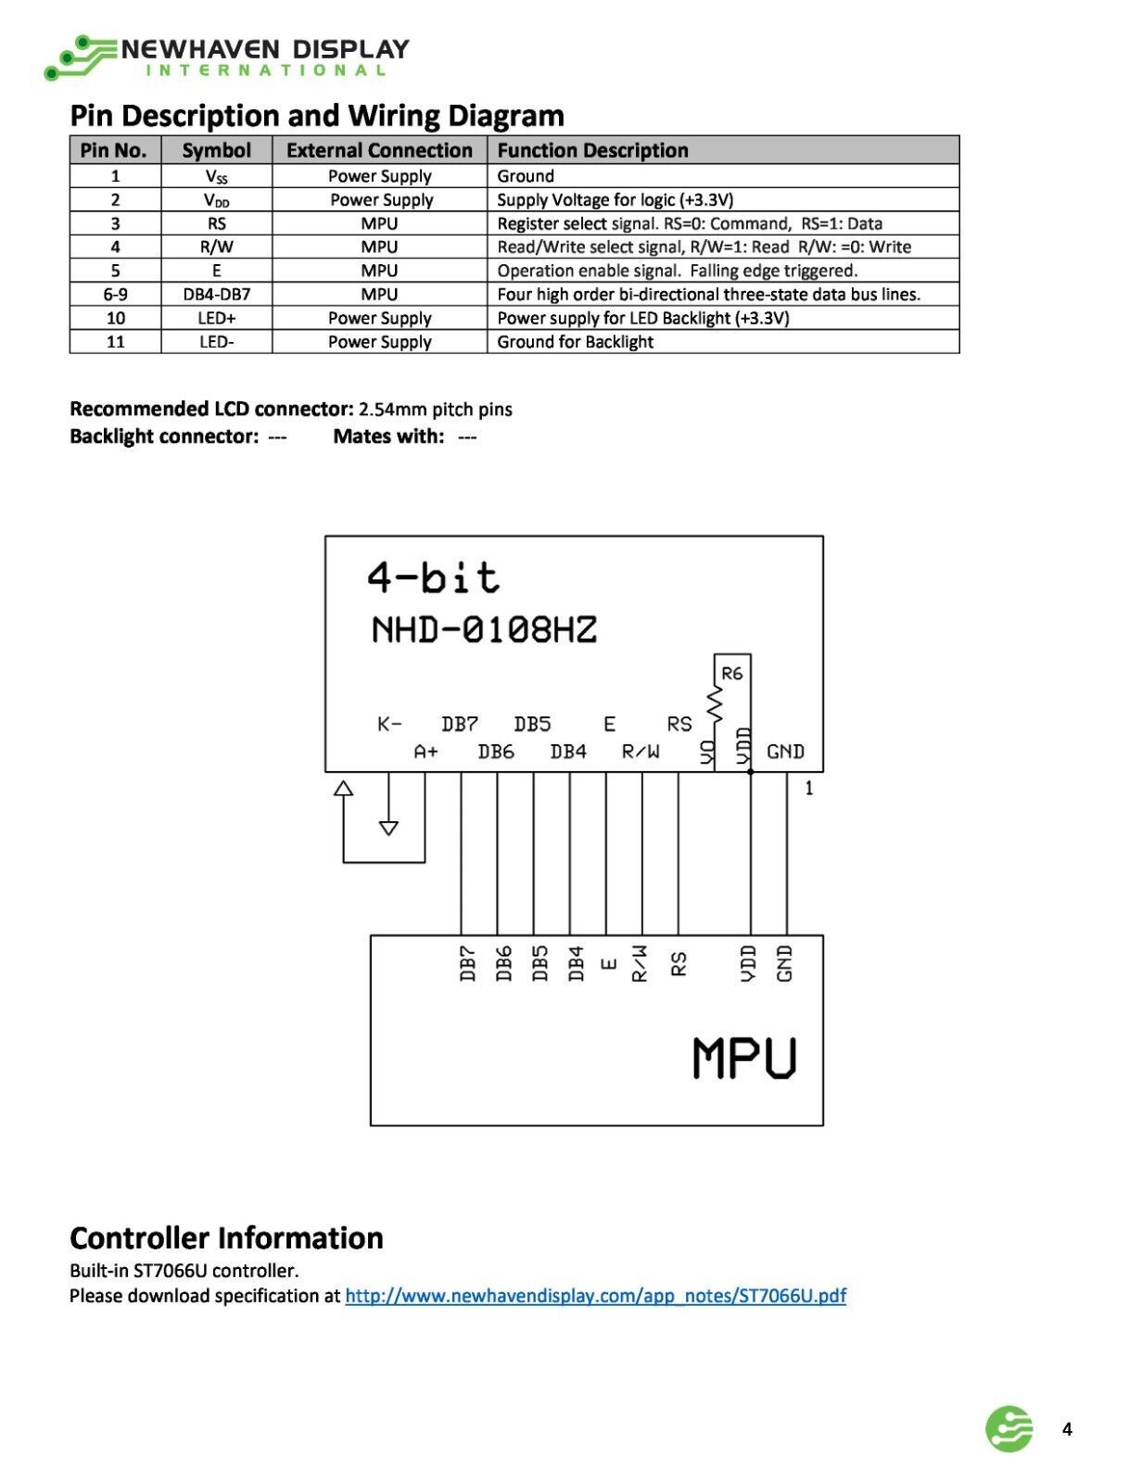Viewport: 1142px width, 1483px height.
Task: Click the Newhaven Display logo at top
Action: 226,57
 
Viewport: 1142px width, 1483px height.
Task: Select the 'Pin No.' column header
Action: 114,150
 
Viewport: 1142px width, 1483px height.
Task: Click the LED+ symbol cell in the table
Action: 216,318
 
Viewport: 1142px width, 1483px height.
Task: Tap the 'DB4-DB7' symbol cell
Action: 216,294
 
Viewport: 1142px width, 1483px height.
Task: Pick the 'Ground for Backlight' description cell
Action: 575,341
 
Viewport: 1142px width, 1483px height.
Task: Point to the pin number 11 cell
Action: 115,341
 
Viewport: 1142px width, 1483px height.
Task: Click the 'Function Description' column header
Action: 592,150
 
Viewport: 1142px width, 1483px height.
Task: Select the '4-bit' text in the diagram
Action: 433,577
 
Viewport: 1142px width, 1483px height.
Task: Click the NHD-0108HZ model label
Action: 483,629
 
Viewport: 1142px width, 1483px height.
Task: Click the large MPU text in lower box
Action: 743,1058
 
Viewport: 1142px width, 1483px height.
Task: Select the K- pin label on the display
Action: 388,723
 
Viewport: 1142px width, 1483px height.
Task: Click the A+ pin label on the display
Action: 425,752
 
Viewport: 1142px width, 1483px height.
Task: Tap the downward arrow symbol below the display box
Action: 388,828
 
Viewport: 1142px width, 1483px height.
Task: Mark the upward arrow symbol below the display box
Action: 343,788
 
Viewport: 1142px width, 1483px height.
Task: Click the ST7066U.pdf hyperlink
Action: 595,1296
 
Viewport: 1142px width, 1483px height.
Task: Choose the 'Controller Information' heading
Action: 226,1238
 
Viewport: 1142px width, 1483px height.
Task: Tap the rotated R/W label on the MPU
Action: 640,963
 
